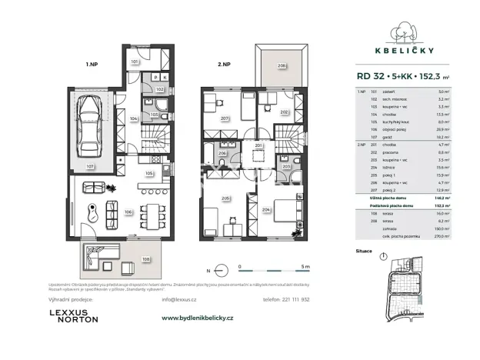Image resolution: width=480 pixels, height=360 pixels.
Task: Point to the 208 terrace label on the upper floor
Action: (x=282, y=67)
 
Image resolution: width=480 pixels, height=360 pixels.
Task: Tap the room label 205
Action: (x=226, y=198)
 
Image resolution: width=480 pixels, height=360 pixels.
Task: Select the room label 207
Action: (x=225, y=119)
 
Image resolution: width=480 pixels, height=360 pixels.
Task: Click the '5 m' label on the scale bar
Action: (x=305, y=266)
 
